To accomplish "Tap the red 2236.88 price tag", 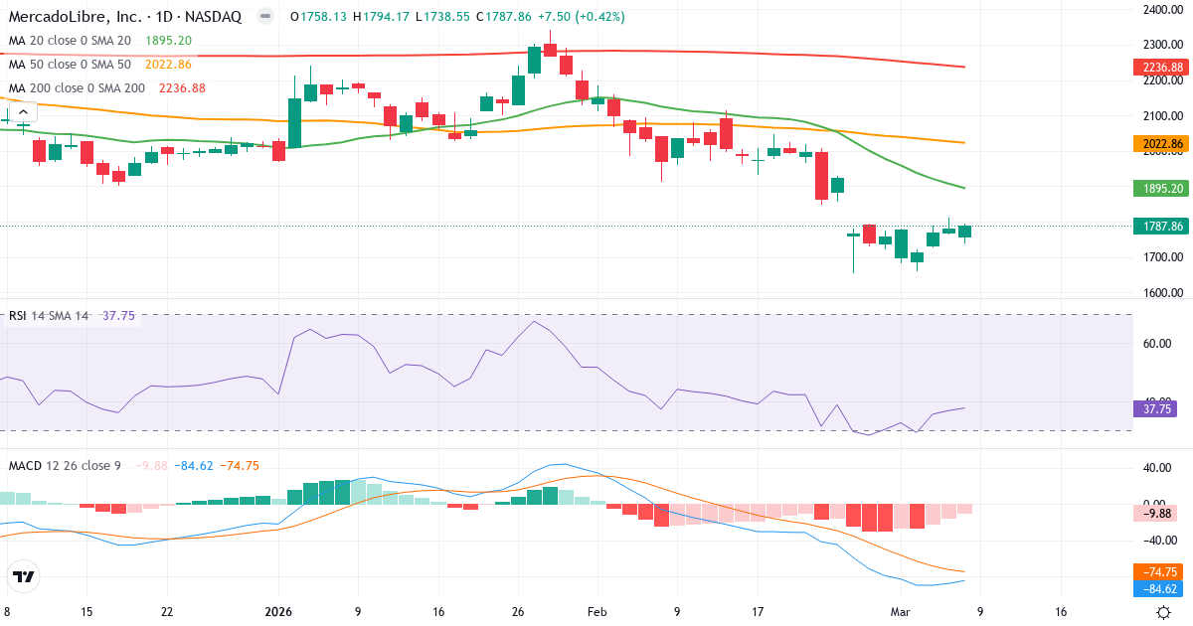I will click(x=1161, y=67).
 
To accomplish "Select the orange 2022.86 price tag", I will click(x=1161, y=144).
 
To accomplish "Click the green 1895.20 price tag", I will click(x=1161, y=188).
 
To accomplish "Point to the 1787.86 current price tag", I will click(x=1161, y=226).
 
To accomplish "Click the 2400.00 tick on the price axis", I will click(x=1161, y=10).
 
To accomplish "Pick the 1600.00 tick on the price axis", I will click(x=1161, y=293).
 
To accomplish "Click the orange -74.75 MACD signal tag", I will click(x=1158, y=572).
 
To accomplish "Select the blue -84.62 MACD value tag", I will click(x=1158, y=589).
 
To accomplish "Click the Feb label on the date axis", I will click(x=596, y=612).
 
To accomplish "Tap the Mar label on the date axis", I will click(x=899, y=612).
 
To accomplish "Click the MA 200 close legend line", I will click(x=78, y=87).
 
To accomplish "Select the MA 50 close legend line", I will click(x=70, y=64).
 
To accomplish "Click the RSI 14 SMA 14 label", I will click(x=49, y=316).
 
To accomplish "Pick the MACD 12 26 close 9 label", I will click(x=65, y=465).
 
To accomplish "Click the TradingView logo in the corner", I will click(x=23, y=576).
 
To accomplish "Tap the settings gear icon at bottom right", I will click(x=1162, y=612).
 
